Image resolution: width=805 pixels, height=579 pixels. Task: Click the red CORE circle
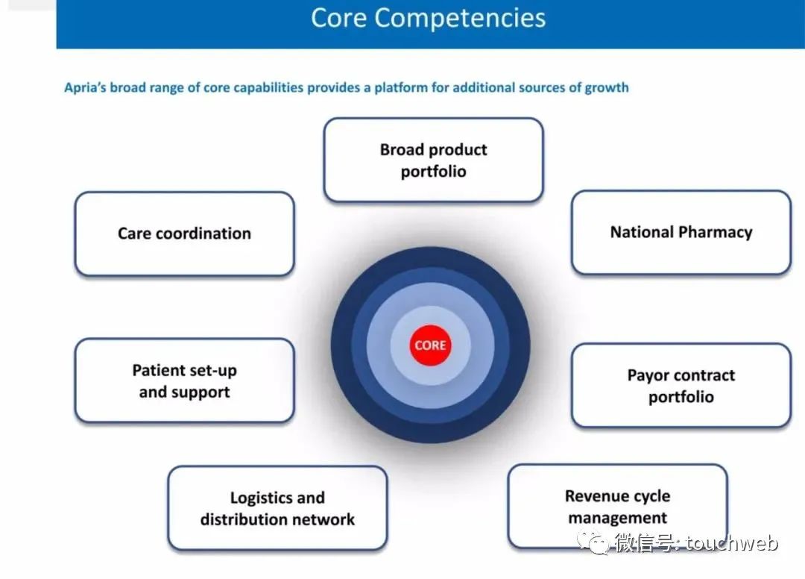tap(430, 345)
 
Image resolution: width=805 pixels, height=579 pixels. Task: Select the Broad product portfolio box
tap(433, 160)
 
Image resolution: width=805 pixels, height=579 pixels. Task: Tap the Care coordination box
tap(184, 234)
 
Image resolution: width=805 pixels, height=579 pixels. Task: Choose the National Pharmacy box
tap(681, 232)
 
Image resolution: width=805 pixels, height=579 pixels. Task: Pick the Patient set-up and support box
tap(184, 381)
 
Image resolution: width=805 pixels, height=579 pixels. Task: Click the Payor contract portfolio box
tap(681, 385)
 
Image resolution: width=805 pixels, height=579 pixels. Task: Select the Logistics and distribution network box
tap(277, 508)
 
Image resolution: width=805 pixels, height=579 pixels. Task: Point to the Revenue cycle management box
tap(618, 507)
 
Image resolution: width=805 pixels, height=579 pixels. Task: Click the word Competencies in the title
tap(459, 19)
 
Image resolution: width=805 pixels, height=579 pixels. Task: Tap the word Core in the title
tap(339, 18)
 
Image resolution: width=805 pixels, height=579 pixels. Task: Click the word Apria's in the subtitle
tap(85, 88)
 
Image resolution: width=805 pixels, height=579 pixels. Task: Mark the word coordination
tap(203, 234)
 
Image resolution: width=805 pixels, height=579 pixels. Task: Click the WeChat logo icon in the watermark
tap(593, 542)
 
